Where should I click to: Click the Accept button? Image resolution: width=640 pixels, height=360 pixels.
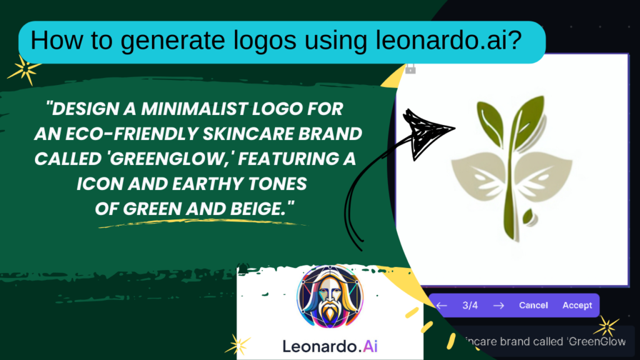click(577, 305)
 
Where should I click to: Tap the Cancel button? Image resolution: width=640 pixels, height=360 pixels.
click(533, 305)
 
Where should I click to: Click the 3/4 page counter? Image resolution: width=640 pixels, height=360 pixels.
click(470, 305)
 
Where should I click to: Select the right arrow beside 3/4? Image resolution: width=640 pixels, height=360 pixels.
click(498, 305)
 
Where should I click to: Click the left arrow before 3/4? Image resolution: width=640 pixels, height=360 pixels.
click(442, 305)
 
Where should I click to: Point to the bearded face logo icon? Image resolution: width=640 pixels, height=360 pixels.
click(330, 296)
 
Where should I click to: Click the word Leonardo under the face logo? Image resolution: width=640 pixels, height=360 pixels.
click(319, 346)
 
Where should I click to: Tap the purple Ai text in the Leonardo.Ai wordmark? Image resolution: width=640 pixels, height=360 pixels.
click(370, 346)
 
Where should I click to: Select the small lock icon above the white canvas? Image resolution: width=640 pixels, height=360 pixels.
click(410, 69)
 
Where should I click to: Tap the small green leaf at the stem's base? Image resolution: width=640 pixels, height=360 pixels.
click(529, 216)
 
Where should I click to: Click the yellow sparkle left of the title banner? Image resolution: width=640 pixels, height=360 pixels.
click(24, 69)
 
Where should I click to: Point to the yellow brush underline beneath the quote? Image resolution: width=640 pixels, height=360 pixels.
click(203, 222)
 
